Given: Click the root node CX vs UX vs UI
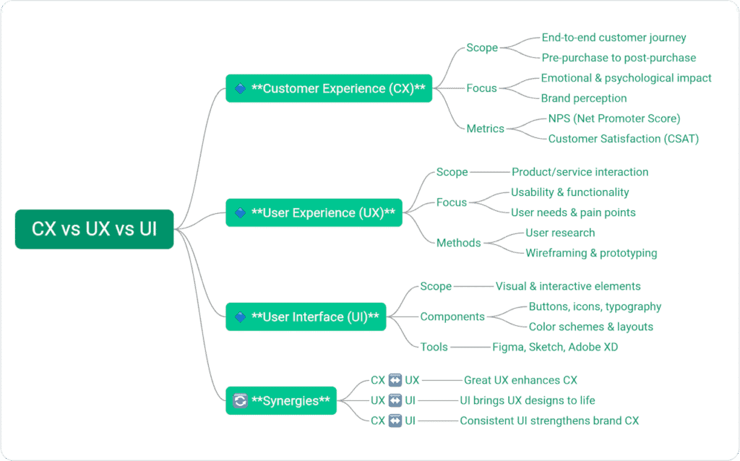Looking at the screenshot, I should tap(94, 229).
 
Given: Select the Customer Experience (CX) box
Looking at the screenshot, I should tap(329, 88).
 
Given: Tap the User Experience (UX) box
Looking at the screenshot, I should tap(314, 212).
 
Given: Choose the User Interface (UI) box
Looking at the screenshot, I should tap(306, 316).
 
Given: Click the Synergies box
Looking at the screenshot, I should tap(281, 400).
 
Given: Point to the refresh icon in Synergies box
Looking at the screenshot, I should tap(241, 400).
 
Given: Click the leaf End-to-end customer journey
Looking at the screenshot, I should tap(614, 38).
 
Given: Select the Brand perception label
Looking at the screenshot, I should tap(584, 98).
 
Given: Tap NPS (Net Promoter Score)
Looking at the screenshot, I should tap(614, 119).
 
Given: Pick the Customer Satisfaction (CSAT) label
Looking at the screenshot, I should tap(624, 139).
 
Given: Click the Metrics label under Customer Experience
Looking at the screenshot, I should tap(486, 129).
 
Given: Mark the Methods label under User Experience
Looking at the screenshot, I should tap(458, 243).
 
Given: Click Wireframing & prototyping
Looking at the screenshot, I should tap(591, 253).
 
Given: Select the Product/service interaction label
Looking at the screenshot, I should tap(580, 172).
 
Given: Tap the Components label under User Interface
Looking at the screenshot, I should tap(452, 316).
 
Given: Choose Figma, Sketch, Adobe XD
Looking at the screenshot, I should tap(555, 347).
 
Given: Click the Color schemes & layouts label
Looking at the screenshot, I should tap(590, 327).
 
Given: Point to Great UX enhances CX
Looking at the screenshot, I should tap(520, 380).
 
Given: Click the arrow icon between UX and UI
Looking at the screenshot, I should tap(395, 400).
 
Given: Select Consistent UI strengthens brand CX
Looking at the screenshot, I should tap(549, 421).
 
